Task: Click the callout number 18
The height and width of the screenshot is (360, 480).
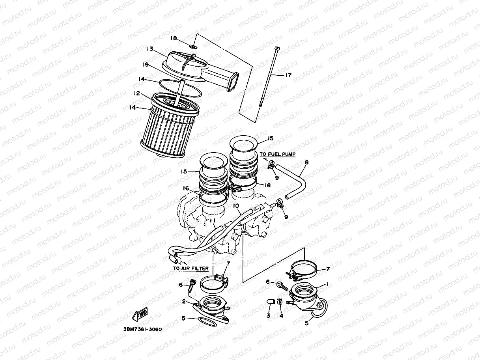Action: point(174,38)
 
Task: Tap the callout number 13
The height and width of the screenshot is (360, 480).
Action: point(149,49)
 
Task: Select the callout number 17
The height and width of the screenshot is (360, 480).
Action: point(288,75)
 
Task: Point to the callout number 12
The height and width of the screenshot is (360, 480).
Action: point(137,93)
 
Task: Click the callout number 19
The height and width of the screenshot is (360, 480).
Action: point(145,64)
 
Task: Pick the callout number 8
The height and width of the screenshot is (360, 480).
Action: point(306,162)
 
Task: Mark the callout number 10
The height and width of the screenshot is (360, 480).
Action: point(236,206)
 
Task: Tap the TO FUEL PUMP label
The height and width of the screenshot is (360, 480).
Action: point(277,154)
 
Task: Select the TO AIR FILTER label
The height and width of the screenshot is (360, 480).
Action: point(191,269)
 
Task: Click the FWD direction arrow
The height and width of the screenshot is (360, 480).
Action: point(140,315)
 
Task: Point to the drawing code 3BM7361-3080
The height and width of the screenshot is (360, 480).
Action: point(139,329)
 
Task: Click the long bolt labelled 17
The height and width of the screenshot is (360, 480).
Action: point(269,83)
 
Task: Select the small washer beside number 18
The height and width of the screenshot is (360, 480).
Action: point(192,46)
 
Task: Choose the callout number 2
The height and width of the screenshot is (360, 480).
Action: point(184,302)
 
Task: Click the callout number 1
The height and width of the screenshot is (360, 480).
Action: point(327,284)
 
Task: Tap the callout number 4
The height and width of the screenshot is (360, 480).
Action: point(281,316)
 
